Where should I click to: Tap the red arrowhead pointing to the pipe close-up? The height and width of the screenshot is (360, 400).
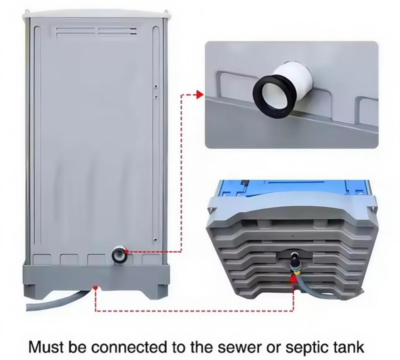[x=200, y=95]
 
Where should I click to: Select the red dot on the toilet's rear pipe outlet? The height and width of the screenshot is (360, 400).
[x=127, y=252]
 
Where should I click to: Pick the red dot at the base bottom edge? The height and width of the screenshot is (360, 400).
[x=95, y=288]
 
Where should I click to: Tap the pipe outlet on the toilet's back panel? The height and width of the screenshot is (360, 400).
[x=118, y=255]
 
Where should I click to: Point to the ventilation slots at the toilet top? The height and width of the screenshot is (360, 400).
[x=96, y=32]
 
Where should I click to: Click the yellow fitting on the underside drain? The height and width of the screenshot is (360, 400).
[x=297, y=273]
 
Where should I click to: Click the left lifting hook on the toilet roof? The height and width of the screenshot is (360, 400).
[x=27, y=11]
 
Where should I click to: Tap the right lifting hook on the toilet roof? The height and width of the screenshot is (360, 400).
[x=166, y=12]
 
